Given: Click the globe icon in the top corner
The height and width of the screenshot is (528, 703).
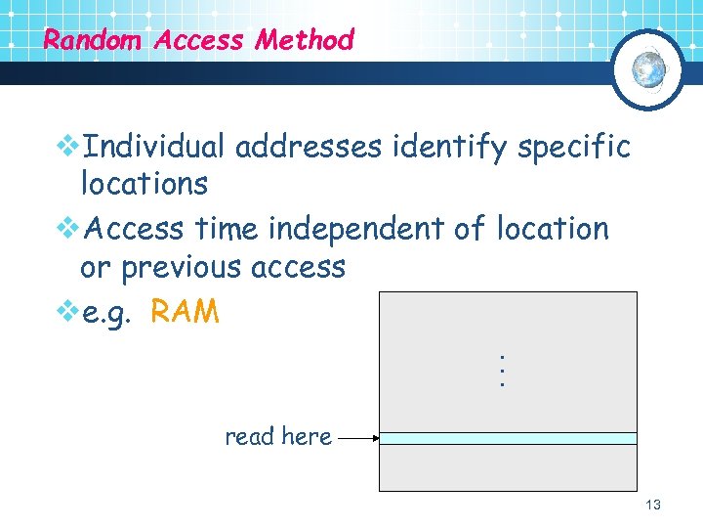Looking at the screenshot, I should point(648,68).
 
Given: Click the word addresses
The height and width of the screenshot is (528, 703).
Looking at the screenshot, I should point(309,148).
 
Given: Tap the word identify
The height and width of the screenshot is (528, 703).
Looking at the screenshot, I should point(449,148).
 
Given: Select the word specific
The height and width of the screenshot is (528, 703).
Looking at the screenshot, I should point(574,148).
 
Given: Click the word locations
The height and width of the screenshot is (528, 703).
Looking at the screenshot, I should point(144,184).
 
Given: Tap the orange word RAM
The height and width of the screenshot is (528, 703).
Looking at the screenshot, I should point(186,312).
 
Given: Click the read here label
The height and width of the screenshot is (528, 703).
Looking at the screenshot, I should point(278,437).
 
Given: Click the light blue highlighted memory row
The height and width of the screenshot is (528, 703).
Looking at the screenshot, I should point(507,439).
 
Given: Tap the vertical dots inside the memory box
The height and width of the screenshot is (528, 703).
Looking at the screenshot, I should point(501,372).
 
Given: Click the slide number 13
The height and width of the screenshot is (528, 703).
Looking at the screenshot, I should point(653,505).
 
